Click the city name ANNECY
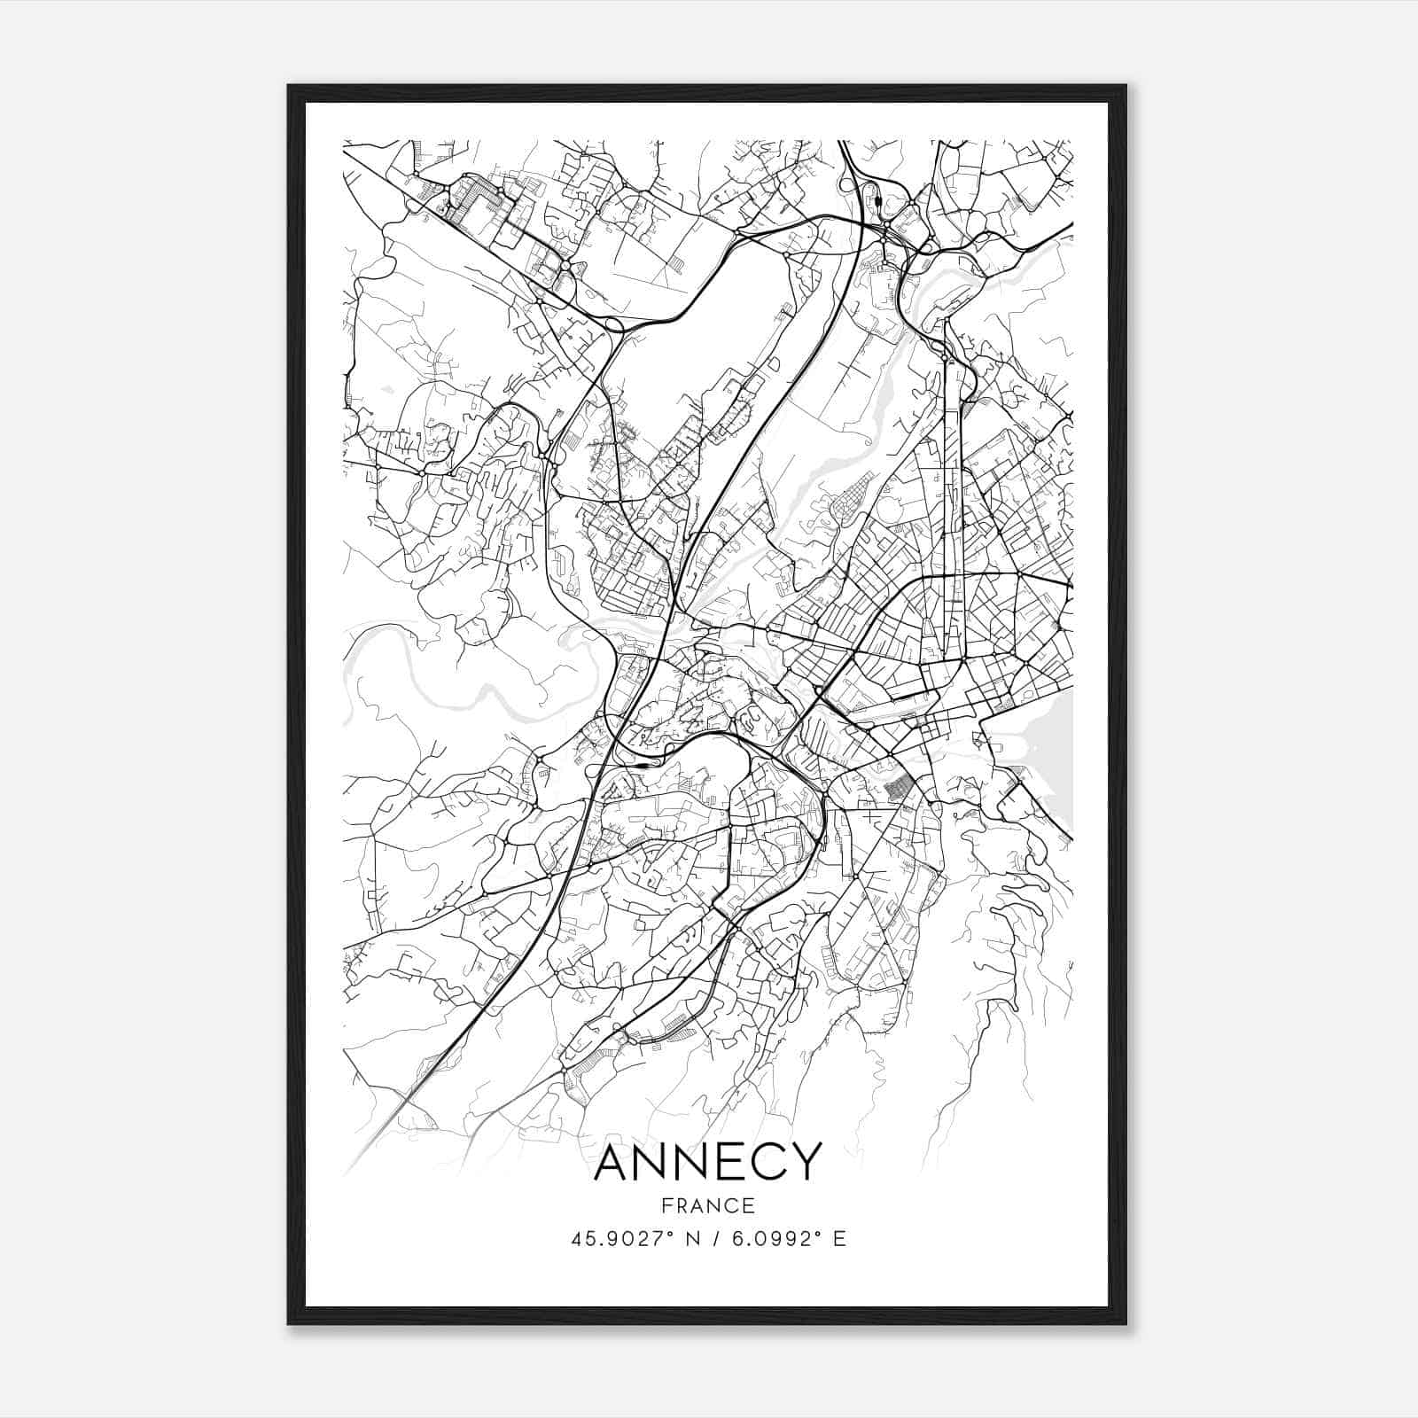tap(707, 1162)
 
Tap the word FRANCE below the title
tap(707, 1205)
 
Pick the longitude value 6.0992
tap(769, 1238)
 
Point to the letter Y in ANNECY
tap(804, 1162)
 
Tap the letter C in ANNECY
tap(765, 1162)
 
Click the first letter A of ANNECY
tap(612, 1162)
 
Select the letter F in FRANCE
tap(666, 1205)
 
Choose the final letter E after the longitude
tap(840, 1238)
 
